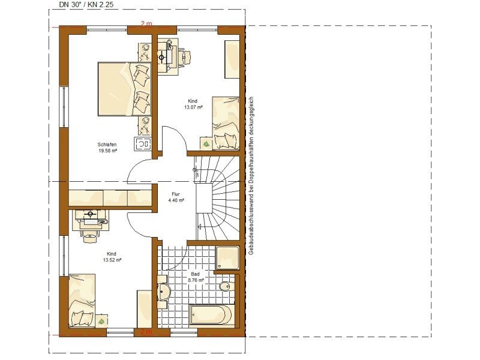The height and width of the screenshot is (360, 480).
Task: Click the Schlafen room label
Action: (x=107, y=145)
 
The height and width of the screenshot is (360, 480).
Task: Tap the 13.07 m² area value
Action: (x=193, y=107)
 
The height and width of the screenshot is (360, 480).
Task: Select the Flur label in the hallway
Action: (x=176, y=194)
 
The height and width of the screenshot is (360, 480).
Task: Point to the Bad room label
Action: (x=196, y=274)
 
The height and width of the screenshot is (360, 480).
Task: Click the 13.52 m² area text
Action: (x=112, y=260)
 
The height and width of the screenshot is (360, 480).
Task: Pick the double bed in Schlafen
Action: (x=124, y=89)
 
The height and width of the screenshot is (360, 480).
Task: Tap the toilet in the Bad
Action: (x=227, y=286)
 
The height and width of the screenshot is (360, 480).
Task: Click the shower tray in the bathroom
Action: (x=227, y=258)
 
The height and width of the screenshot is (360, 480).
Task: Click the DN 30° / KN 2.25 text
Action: (x=86, y=4)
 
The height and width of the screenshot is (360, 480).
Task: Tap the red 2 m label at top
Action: (x=146, y=23)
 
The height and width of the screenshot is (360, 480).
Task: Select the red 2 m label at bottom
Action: (x=146, y=331)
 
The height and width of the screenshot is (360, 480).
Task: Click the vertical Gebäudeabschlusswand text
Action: (x=251, y=176)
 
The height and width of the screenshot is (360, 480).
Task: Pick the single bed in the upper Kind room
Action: (x=226, y=123)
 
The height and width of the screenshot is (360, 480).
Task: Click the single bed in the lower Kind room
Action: (x=82, y=301)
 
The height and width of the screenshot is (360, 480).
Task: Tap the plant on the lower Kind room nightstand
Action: (x=101, y=321)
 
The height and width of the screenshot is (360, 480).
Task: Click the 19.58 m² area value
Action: (x=107, y=151)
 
